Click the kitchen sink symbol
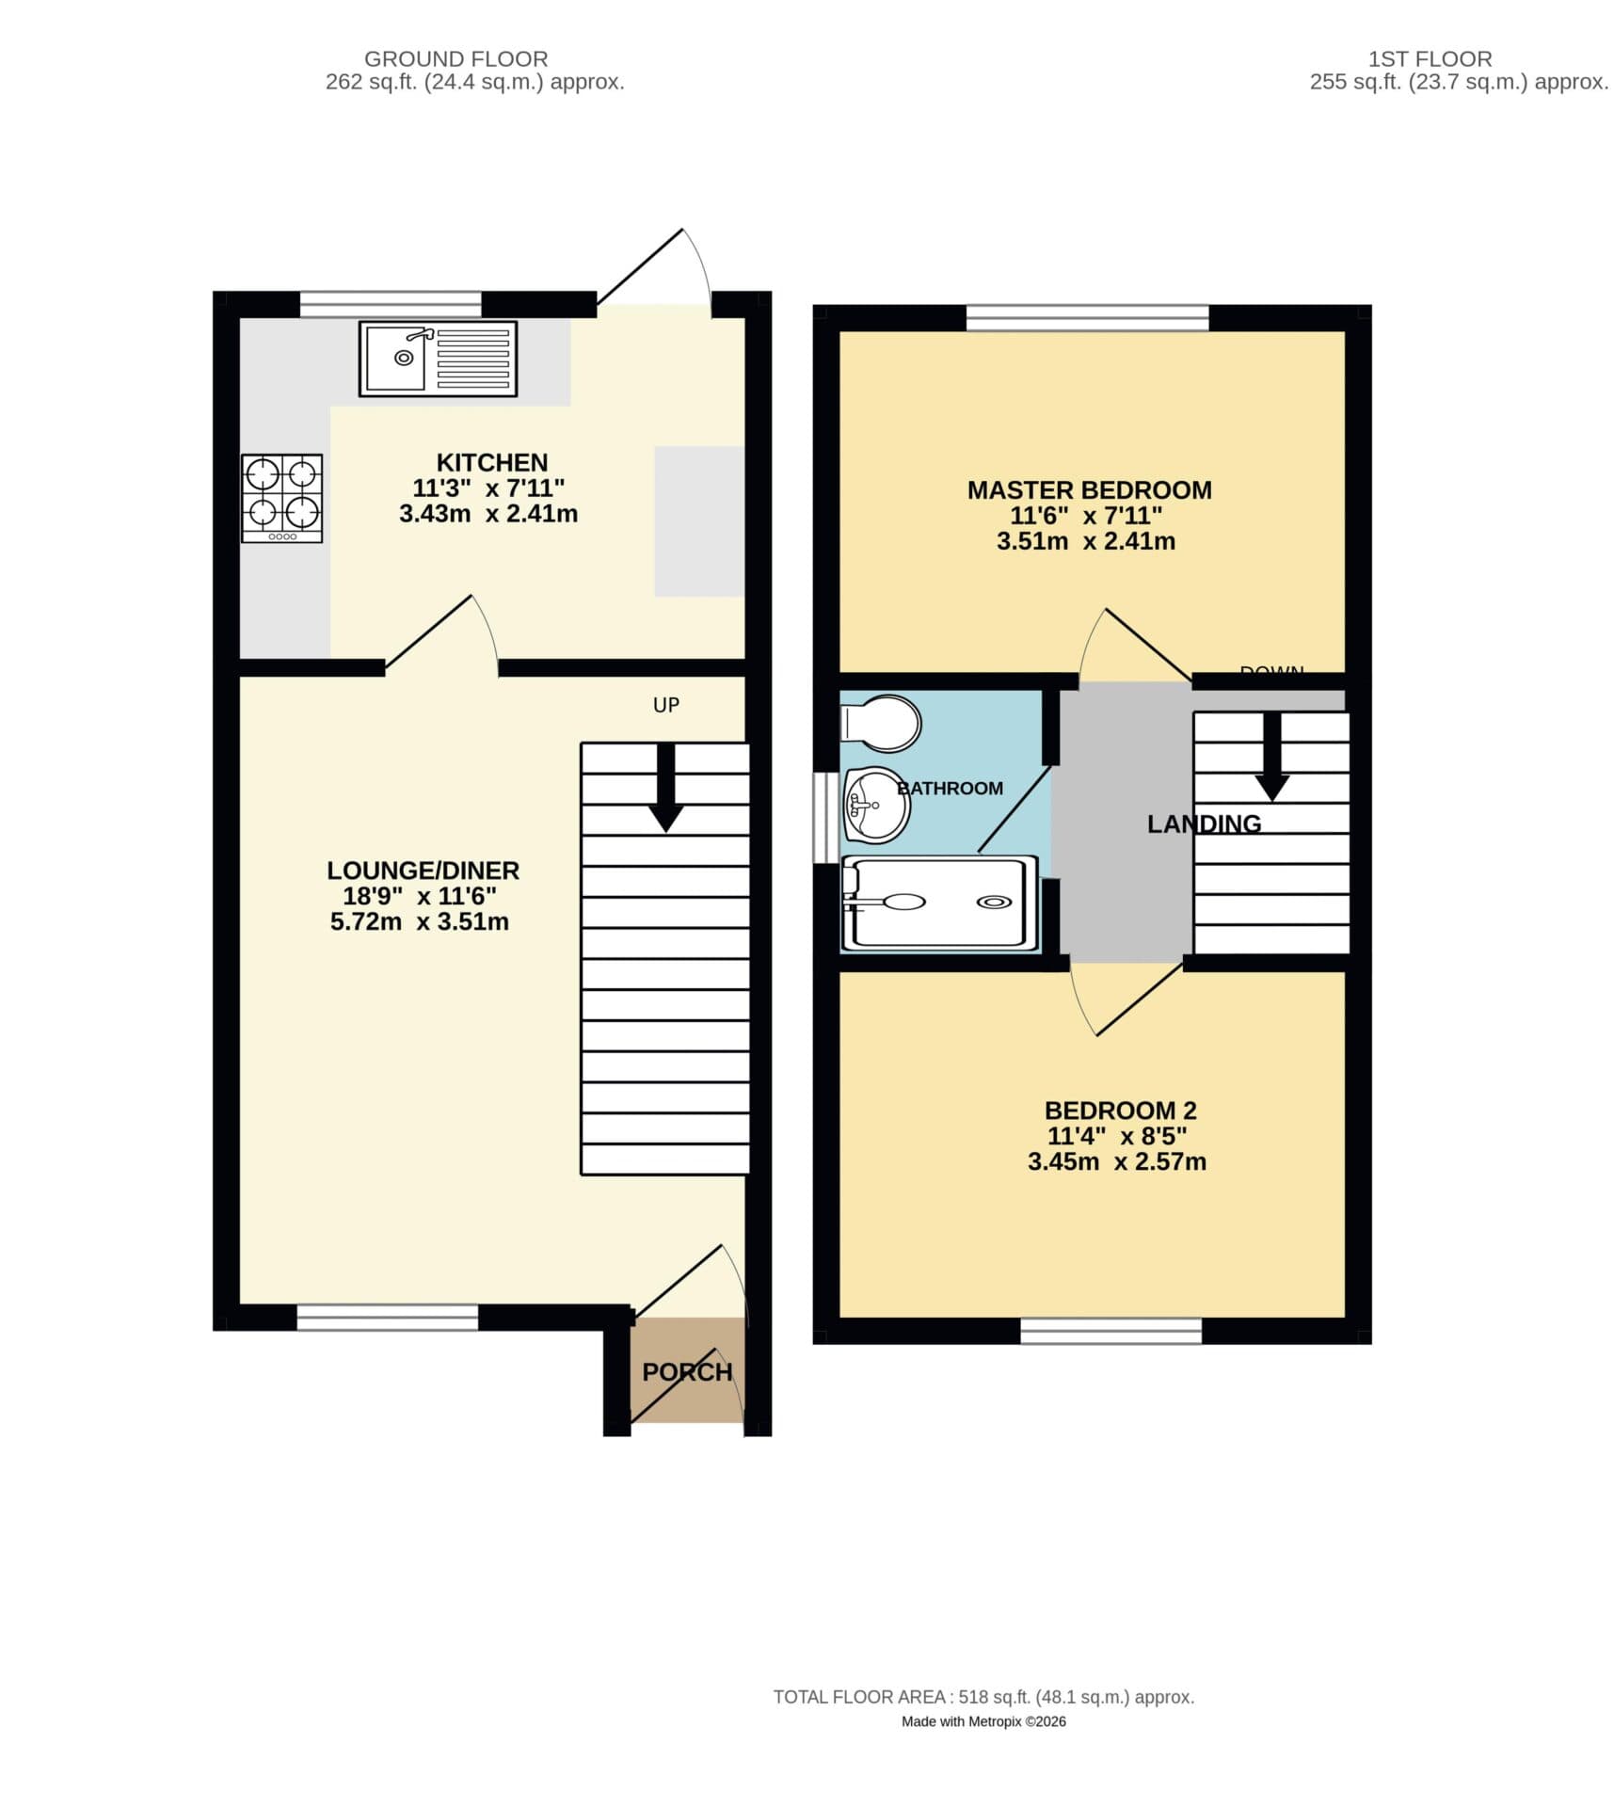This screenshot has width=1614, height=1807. [x=437, y=358]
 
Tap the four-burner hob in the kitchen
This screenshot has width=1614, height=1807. [x=281, y=498]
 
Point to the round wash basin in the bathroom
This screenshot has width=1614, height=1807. [x=875, y=805]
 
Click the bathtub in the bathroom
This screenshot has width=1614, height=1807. [x=939, y=902]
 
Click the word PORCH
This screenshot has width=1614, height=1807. [x=686, y=1371]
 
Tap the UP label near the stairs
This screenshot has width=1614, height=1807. [x=665, y=705]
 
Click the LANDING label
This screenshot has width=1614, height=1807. [x=1203, y=824]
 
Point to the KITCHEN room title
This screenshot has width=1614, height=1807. [x=491, y=463]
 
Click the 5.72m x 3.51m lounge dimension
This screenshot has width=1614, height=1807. [x=420, y=921]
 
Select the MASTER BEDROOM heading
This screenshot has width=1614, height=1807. [x=1089, y=490]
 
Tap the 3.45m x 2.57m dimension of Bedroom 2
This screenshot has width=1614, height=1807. [x=1116, y=1161]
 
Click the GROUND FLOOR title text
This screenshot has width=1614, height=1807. [x=455, y=58]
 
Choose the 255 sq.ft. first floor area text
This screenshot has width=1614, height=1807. [x=1458, y=82]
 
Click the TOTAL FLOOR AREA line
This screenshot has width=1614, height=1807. [x=983, y=1723]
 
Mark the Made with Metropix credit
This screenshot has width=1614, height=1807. [x=983, y=1748]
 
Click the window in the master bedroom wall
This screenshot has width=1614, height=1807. [x=1087, y=317]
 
